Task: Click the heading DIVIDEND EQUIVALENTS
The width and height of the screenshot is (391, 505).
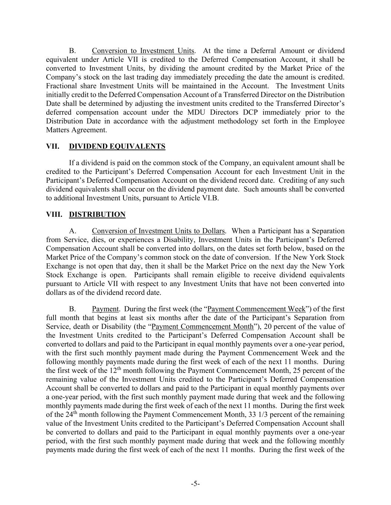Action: click(x=117, y=147)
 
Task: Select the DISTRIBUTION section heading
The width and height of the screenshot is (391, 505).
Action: click(x=97, y=215)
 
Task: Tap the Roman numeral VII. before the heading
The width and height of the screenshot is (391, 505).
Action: click(x=53, y=147)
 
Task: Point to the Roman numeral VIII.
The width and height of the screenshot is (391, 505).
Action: click(x=54, y=215)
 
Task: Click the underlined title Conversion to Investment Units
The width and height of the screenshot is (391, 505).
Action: click(x=143, y=51)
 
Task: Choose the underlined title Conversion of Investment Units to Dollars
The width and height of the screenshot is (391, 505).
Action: click(x=158, y=231)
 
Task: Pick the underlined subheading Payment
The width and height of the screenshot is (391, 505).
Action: click(x=105, y=309)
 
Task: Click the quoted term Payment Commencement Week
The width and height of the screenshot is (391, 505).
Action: click(x=256, y=309)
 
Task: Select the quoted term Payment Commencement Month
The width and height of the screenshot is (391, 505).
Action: click(x=203, y=327)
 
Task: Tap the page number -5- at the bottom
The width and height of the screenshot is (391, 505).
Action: click(x=195, y=484)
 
